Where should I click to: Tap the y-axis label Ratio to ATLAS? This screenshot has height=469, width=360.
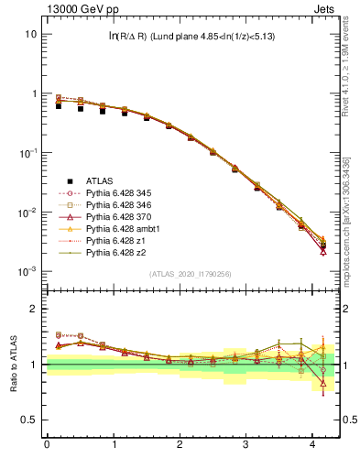[12, 365]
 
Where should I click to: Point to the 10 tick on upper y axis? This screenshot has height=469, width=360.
[30, 34]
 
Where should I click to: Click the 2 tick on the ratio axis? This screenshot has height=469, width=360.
[33, 309]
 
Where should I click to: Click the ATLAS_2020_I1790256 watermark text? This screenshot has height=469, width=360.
[191, 274]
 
